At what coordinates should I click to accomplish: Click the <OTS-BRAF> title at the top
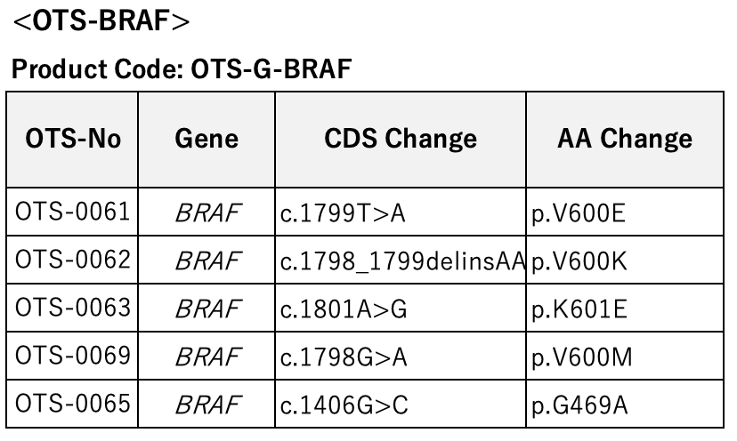click(101, 21)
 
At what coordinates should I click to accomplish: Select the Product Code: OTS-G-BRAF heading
click(182, 69)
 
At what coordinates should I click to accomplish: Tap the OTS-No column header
click(73, 139)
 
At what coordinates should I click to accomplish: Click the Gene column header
click(207, 139)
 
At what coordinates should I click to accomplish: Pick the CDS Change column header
click(401, 140)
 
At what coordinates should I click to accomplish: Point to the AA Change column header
click(625, 140)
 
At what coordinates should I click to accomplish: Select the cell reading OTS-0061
click(72, 212)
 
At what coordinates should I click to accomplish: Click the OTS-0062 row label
click(72, 260)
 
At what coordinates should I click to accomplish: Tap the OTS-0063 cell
click(72, 308)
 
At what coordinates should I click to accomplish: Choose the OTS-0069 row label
click(72, 356)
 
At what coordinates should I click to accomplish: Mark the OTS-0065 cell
click(72, 404)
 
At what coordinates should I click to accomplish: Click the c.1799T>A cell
click(343, 213)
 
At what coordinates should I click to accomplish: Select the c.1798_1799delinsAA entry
click(402, 261)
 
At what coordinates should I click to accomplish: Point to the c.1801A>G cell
click(344, 309)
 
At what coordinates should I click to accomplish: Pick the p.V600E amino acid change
click(579, 214)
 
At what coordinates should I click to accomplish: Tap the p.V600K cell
click(579, 262)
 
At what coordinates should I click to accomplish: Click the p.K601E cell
click(579, 310)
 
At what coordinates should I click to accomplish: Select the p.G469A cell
click(579, 405)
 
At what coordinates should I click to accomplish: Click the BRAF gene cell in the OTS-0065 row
click(208, 405)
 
